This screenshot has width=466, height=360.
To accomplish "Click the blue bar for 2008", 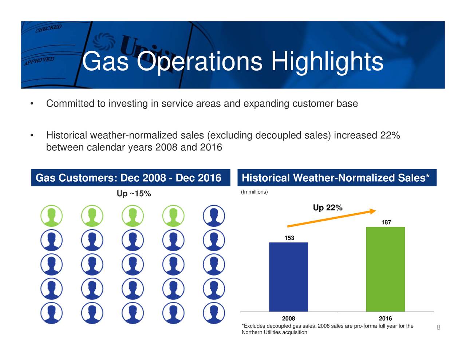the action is pos(288,277).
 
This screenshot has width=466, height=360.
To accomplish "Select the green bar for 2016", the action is pos(386,269).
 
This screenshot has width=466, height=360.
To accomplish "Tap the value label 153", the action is pos(289,238).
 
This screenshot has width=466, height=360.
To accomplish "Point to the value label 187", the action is pos(386,222).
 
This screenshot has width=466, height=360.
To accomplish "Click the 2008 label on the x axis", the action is pos(288,319).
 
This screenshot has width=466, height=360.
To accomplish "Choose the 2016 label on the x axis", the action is pos(386,319).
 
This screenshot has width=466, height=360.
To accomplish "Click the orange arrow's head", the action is pos(372,211).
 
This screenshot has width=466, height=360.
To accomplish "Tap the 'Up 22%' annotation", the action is pos(328,207).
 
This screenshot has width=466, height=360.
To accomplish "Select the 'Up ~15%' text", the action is pos(134,194).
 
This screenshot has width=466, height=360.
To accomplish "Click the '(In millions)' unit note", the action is pos(254,192).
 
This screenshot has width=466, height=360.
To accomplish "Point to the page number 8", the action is pos(438,327).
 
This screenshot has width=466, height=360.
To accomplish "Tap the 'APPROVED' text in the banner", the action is pos(39,61).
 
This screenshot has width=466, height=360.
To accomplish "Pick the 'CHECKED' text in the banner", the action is pos(48,28).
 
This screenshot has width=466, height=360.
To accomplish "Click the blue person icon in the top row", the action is pos(214,216).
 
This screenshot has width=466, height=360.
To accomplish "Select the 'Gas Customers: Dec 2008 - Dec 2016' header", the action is pos(128,178).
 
